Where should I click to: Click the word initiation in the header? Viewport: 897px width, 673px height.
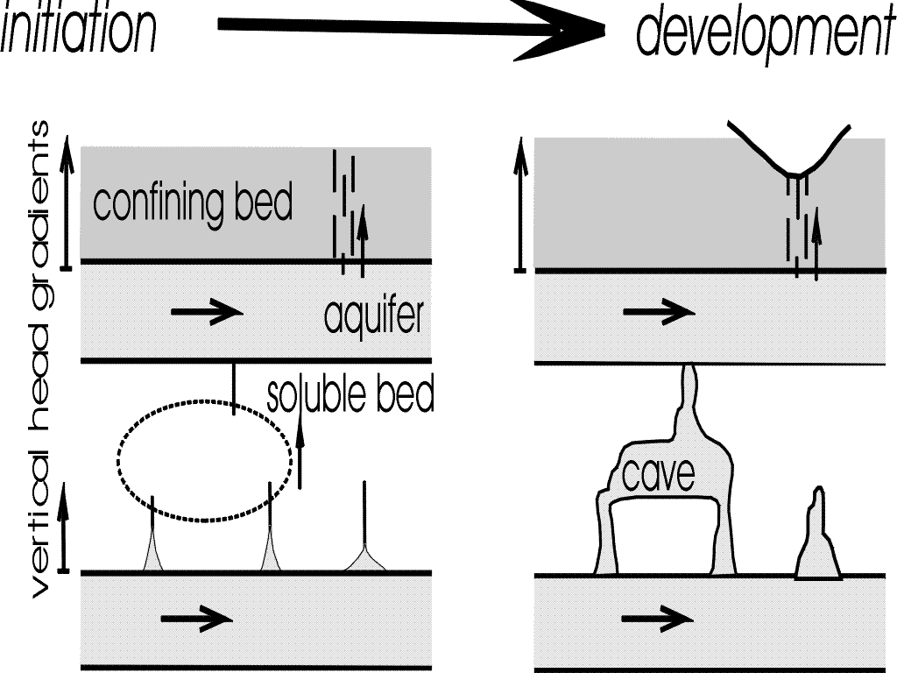[x=79, y=29]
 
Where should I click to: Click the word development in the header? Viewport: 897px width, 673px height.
[x=762, y=32]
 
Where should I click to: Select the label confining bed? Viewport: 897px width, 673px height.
[x=192, y=203]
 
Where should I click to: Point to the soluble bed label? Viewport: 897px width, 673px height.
[x=350, y=395]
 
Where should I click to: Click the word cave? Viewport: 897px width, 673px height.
[x=658, y=475]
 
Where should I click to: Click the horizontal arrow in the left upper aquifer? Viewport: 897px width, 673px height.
[x=206, y=312]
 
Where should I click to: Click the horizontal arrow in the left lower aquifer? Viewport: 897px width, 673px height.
[x=196, y=619]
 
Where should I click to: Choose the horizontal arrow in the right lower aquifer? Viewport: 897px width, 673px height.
[x=657, y=619]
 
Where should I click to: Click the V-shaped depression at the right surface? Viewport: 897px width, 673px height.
[x=793, y=162]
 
